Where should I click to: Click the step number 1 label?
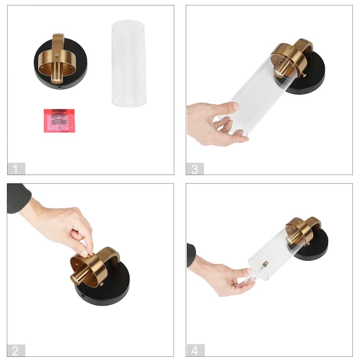coord(16,169)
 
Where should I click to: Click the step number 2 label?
coord(16,350)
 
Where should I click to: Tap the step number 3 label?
coord(194,169)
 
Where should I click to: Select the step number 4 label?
coord(195,350)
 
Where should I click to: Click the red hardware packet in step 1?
coord(59,120)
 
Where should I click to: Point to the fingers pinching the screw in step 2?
coord(85,245)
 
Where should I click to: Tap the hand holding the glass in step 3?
coord(211,124)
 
